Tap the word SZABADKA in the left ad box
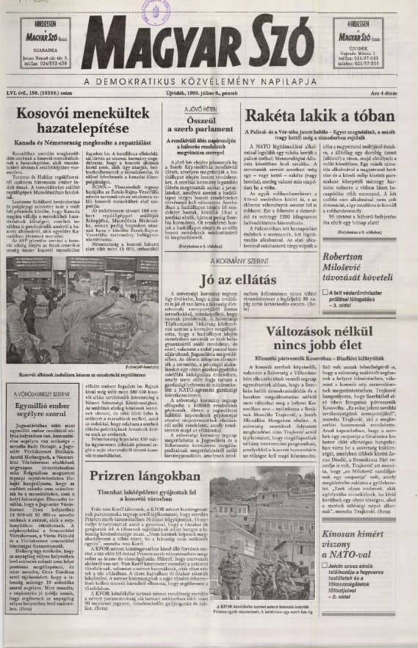tap(36, 50)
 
